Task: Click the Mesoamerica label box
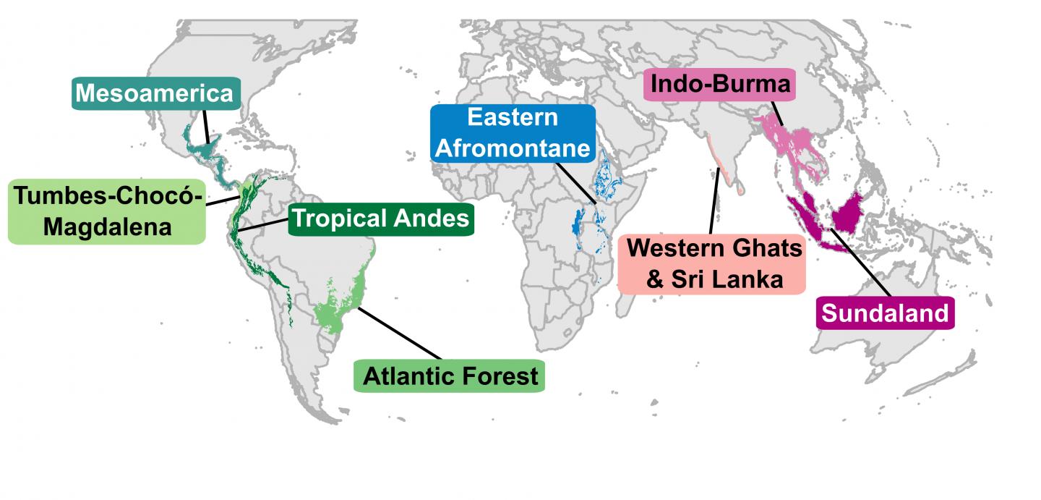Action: click(x=155, y=94)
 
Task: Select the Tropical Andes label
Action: click(x=380, y=218)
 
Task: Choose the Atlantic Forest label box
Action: click(x=449, y=376)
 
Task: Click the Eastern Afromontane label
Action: click(x=513, y=133)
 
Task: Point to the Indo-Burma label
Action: click(x=720, y=85)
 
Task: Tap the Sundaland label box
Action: click(x=885, y=313)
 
